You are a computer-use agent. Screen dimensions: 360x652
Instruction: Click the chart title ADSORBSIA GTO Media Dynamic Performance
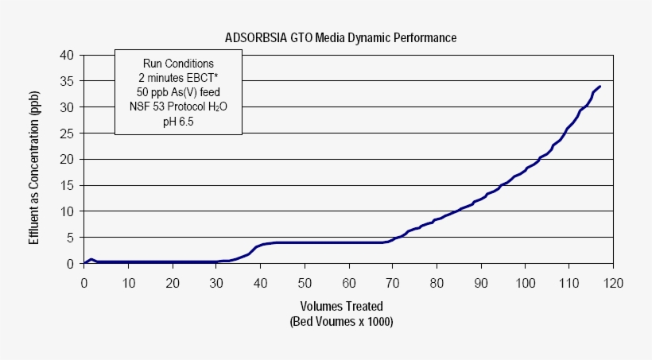point(340,37)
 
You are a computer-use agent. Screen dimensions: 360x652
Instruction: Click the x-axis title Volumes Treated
point(341,306)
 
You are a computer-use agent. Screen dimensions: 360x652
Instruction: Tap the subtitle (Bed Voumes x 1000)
point(342,322)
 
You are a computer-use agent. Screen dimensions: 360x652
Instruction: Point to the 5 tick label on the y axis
point(70,237)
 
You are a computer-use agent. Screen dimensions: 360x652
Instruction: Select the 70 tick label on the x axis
point(393,282)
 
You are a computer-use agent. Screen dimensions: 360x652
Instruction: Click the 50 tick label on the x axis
point(305,282)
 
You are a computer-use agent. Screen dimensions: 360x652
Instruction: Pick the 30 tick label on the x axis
point(216,282)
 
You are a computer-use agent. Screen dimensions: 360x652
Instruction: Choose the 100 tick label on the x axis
point(526,282)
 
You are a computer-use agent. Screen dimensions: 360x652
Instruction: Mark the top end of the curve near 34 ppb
point(600,86)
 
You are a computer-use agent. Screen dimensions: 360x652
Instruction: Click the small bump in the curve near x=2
point(91,259)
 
